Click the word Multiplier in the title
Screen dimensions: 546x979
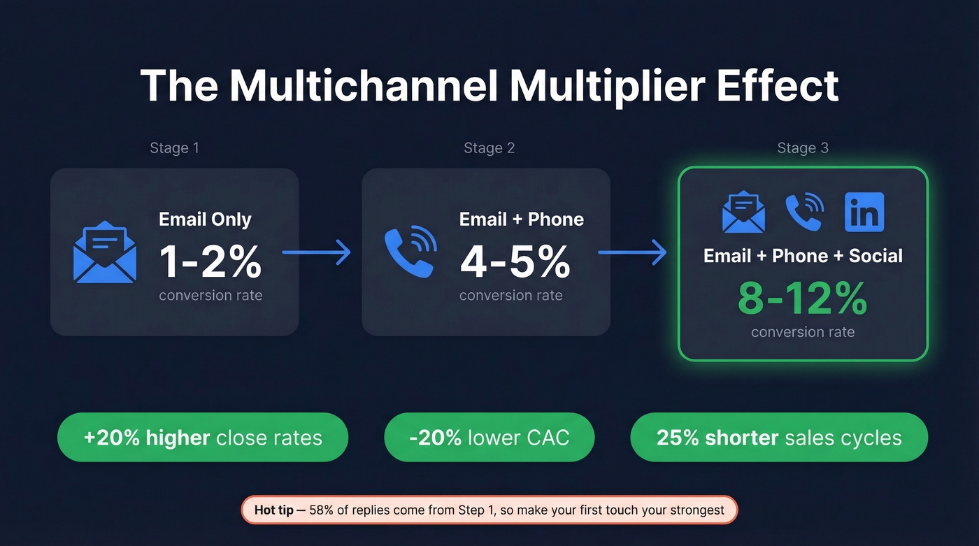(x=598, y=87)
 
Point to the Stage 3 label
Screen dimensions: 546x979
(x=803, y=148)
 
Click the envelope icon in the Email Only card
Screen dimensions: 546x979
(x=105, y=252)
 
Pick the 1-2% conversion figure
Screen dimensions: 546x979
(x=210, y=262)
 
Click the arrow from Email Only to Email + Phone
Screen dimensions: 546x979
(x=316, y=253)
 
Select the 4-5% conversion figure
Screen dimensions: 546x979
(x=515, y=262)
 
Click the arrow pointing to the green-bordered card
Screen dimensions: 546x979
(x=632, y=253)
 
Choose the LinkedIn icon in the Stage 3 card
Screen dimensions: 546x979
(x=864, y=212)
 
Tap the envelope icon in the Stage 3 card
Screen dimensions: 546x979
(x=743, y=212)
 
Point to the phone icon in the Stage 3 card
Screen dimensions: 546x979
(x=804, y=212)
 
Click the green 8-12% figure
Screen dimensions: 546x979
(x=803, y=299)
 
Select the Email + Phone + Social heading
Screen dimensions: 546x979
(x=803, y=256)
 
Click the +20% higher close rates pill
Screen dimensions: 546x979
(x=203, y=438)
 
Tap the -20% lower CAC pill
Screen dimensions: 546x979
(x=489, y=438)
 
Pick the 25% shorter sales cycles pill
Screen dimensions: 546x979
(x=779, y=438)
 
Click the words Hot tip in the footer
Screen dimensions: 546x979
(x=273, y=510)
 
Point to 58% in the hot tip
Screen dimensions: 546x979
(x=322, y=510)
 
